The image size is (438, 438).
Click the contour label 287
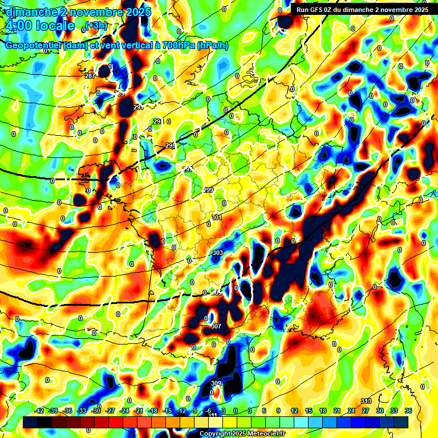tap(90, 76)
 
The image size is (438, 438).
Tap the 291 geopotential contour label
tap(137, 107)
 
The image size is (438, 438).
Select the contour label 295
tap(170, 146)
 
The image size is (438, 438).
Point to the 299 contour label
tap(209, 190)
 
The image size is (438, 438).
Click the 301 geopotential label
tap(217, 217)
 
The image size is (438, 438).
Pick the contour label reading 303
tap(217, 253)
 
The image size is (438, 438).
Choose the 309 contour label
tap(216, 383)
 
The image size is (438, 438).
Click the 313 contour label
tap(366, 401)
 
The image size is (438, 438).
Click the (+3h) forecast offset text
tap(96, 25)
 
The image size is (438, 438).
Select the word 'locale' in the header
tap(55, 26)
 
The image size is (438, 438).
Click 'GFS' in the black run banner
tap(322, 9)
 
